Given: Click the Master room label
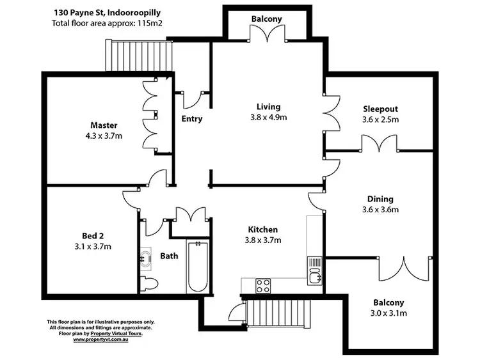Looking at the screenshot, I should click(104, 125).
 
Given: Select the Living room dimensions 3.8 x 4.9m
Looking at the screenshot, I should click(268, 118).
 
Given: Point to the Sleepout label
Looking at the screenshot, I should click(380, 109).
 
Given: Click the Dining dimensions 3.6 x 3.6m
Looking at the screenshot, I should click(380, 209).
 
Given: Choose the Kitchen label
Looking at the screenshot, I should click(263, 230).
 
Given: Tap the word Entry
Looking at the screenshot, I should click(192, 119).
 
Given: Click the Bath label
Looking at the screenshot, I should click(169, 256).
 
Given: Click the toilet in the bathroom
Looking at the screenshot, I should click(147, 284).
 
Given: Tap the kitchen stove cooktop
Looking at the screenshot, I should click(262, 286).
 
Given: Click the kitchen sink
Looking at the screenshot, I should click(314, 269).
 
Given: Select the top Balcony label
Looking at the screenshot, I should click(266, 19).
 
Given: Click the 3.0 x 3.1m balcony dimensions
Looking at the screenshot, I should click(390, 313).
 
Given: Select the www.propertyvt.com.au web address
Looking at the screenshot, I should click(102, 339).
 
